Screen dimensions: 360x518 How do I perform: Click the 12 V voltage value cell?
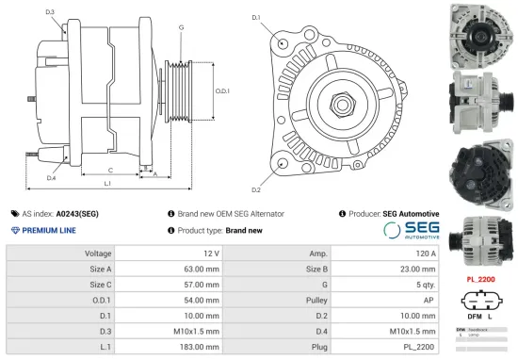click(x=210, y=254)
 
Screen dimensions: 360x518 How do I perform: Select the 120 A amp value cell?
click(x=426, y=254)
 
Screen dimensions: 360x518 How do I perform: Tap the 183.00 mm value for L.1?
click(x=202, y=348)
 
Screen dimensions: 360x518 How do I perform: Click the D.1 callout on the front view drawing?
click(x=256, y=17)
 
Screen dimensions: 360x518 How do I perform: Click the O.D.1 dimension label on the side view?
click(x=222, y=90)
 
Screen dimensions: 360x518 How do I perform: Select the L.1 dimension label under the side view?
click(x=107, y=182)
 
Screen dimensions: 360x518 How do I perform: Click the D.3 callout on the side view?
click(x=49, y=11)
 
